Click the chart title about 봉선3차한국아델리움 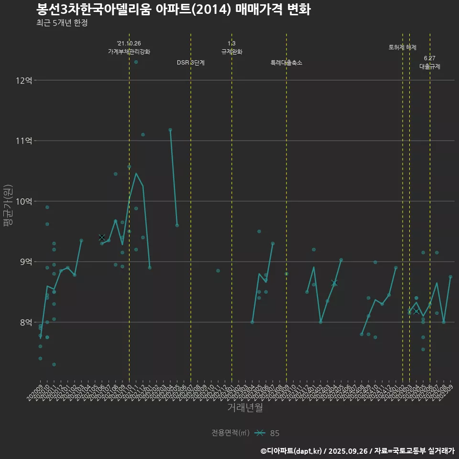173,9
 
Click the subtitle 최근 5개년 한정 62,23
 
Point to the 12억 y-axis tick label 23,80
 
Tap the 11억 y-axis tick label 23,141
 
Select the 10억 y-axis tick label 23,201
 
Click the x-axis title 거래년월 245,408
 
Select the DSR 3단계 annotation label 191,63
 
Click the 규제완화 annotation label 232,52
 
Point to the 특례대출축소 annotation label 286,63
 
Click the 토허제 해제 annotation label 403,47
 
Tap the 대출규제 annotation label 430,66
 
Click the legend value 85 275,433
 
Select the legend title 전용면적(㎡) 230,433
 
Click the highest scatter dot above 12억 136,62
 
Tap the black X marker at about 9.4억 102,237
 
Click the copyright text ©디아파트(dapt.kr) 292,451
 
